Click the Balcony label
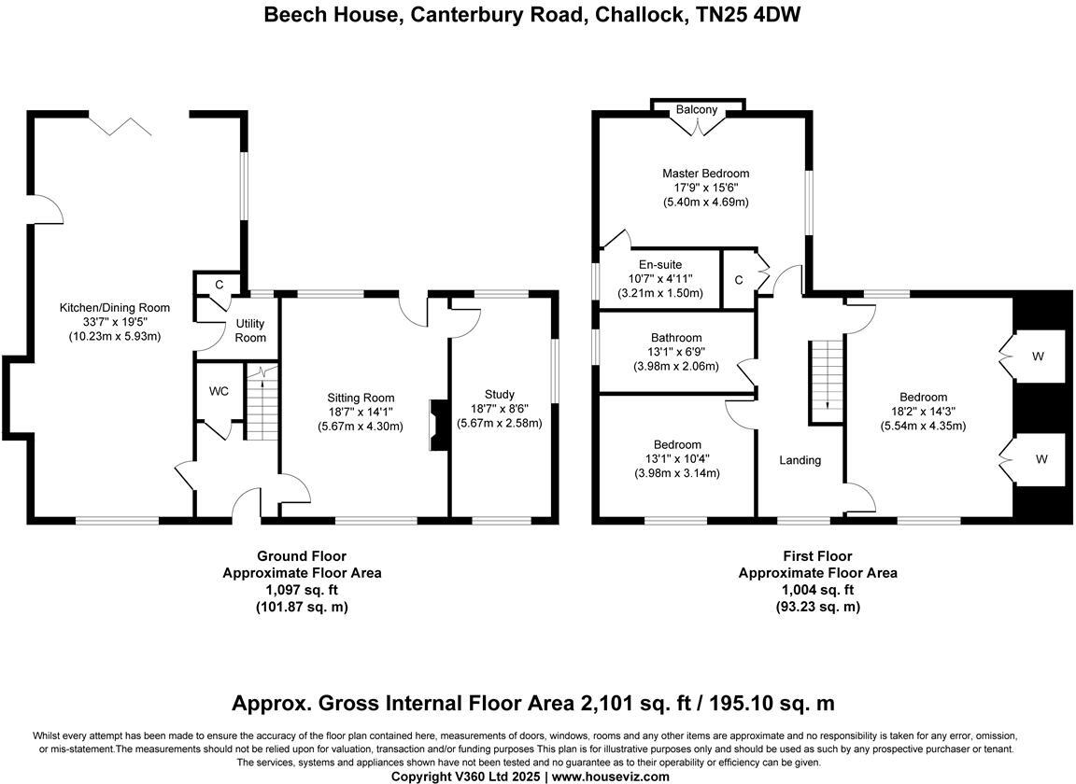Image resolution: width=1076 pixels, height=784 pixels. [x=697, y=110]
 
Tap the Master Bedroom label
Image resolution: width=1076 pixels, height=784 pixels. [x=705, y=174]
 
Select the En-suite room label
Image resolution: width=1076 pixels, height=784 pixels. [x=659, y=265]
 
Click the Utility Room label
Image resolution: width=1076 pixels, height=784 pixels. [x=250, y=330]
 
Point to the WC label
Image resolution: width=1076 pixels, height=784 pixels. [x=219, y=391]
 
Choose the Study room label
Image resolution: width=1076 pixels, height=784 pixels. [x=500, y=394]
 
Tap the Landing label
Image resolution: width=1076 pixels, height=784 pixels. [x=800, y=460]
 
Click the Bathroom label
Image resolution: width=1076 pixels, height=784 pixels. [x=676, y=338]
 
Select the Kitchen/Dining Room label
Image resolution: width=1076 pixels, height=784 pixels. [x=115, y=308]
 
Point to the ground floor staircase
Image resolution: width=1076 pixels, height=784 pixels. [x=262, y=402]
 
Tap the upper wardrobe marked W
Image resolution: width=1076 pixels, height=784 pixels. [x=1040, y=356]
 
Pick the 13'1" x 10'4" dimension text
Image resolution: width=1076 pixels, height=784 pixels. [x=677, y=459]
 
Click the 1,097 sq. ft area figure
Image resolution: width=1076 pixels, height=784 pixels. [x=301, y=590]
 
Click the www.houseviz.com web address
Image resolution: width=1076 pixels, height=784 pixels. [x=611, y=777]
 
